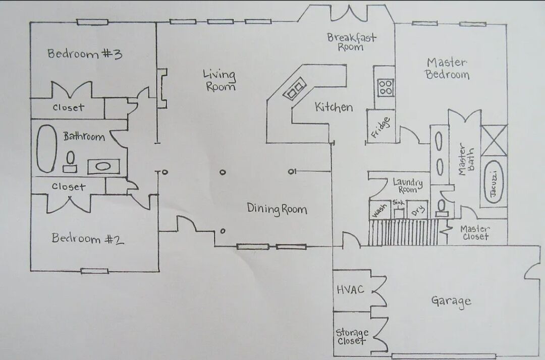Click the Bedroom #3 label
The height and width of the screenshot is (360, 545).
tap(85, 54)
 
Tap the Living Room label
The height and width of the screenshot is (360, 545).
tap(220, 80)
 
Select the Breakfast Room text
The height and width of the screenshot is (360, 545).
tap(351, 42)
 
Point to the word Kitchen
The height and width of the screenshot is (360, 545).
tap(334, 107)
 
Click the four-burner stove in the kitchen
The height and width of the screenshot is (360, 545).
tap(386, 87)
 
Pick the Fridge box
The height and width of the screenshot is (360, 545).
tap(381, 127)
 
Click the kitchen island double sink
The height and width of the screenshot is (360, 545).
tap(295, 89)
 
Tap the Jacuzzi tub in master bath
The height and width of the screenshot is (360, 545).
tap(494, 183)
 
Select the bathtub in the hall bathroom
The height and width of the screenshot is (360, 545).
tap(46, 149)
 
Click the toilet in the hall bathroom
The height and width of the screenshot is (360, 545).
tap(70, 162)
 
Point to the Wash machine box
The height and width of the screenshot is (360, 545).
tap(379, 210)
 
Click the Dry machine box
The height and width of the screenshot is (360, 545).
tap(418, 210)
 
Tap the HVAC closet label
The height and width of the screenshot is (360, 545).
tap(350, 289)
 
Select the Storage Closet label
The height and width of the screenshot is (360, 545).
tap(352, 336)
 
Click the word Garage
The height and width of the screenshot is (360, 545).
tap(451, 302)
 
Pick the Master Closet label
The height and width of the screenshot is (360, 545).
tap(475, 233)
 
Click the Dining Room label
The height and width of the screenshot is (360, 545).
tap(277, 209)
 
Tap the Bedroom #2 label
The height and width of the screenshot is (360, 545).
tap(88, 238)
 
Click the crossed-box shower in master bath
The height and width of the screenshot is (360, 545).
tap(494, 140)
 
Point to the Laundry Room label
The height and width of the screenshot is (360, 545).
tap(408, 186)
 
